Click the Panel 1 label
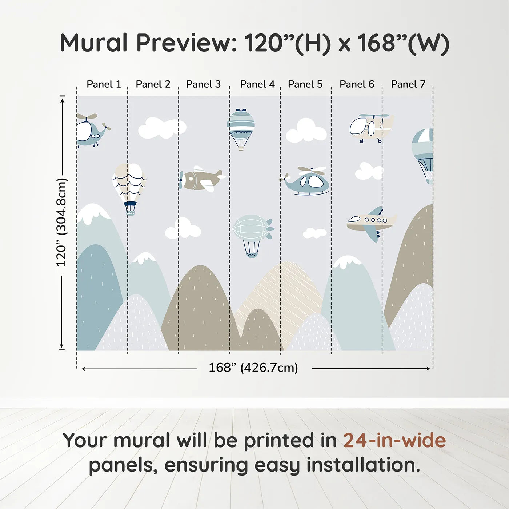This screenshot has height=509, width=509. (104, 84)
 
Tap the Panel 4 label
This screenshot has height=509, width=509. (257, 84)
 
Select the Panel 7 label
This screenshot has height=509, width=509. (408, 84)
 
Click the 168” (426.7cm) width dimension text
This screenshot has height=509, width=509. (253, 368)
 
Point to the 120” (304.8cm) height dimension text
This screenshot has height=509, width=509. (62, 223)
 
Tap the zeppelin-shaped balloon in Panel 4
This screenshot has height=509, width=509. (252, 229)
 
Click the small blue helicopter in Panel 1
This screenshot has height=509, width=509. (91, 131)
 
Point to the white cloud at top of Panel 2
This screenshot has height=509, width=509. (161, 128)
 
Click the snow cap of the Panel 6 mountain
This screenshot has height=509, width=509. (347, 261)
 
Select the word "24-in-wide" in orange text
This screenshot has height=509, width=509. (394, 440)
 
